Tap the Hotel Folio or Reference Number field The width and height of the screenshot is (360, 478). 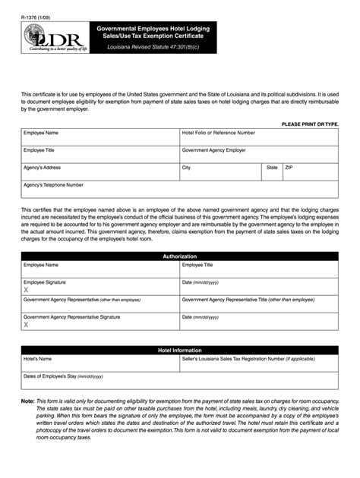[258, 141]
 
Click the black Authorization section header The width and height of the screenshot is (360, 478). [180, 256]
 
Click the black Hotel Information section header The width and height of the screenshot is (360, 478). [180, 350]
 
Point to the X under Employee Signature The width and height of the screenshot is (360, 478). [26, 290]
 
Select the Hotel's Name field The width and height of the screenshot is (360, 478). [99, 364]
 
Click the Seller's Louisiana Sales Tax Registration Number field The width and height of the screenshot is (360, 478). [258, 364]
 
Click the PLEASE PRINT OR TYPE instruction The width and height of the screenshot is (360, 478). [310, 123]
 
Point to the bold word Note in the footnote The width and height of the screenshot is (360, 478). [27, 401]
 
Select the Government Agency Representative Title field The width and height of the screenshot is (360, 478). [258, 305]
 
